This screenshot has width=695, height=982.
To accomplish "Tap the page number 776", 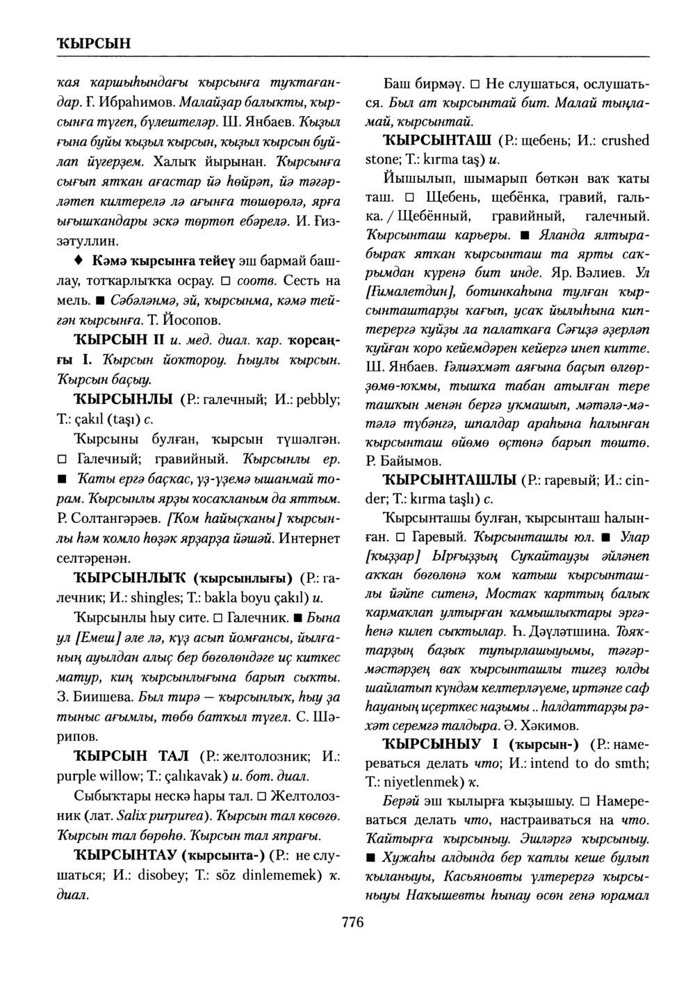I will pos(353,923).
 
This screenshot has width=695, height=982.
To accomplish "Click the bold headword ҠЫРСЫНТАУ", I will pos(125,854).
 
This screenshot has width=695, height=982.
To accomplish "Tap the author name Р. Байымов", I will pos(402,460).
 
